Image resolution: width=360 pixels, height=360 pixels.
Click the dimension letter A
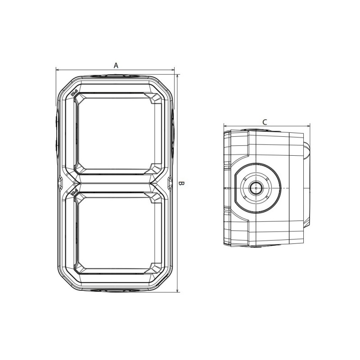pos(116,65)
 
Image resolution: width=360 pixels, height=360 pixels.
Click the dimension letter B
pos(182,184)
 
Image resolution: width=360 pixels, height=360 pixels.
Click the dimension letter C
pos(265,122)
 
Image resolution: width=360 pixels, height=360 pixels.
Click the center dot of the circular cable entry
pos(256,187)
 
